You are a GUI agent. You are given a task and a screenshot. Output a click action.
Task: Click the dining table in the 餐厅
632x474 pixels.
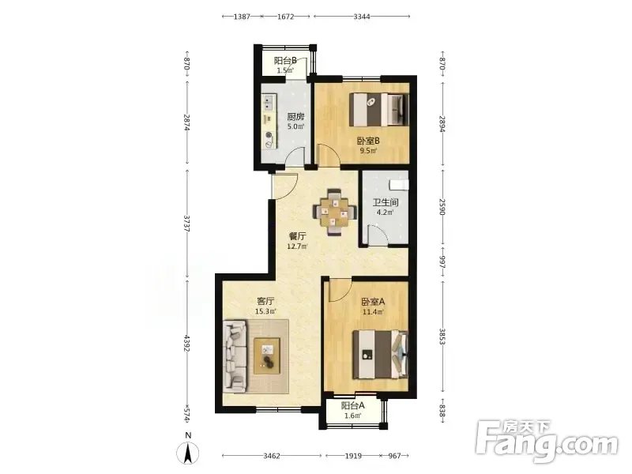point(335,212)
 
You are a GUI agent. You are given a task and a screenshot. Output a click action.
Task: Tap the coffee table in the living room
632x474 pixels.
point(267,356)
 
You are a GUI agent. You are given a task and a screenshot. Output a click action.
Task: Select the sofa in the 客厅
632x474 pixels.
point(235,356)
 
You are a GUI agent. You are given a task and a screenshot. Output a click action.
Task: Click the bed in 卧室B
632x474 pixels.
point(378,109)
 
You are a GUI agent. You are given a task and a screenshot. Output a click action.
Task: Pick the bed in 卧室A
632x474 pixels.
point(380,355)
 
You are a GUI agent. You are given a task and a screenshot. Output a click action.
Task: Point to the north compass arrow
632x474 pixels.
point(188,453)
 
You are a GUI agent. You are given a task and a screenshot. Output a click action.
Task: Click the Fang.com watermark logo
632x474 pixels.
point(547,442)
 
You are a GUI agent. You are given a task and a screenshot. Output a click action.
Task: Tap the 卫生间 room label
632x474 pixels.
point(386,202)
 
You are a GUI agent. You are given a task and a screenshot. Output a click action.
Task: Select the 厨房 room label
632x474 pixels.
point(295,117)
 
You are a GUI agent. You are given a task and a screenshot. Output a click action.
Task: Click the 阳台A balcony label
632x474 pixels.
point(352,405)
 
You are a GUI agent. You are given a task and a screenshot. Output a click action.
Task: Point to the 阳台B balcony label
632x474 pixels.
point(285,61)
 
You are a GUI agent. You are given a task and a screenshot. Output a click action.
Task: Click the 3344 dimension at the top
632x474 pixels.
point(362,17)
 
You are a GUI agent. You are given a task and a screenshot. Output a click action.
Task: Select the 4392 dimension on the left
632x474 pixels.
point(186,343)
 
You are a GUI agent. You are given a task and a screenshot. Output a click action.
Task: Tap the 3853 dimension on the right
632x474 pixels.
point(442,337)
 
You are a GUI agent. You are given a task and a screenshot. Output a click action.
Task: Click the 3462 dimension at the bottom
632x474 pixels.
point(272,456)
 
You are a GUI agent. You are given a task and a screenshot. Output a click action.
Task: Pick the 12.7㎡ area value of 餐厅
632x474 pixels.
point(297,246)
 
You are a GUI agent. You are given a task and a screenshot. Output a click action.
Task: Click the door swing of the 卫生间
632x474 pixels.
point(378,235)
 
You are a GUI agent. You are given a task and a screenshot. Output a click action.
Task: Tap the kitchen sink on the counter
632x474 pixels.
point(269,102)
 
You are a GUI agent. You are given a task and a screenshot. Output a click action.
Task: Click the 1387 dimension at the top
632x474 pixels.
point(242,17)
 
